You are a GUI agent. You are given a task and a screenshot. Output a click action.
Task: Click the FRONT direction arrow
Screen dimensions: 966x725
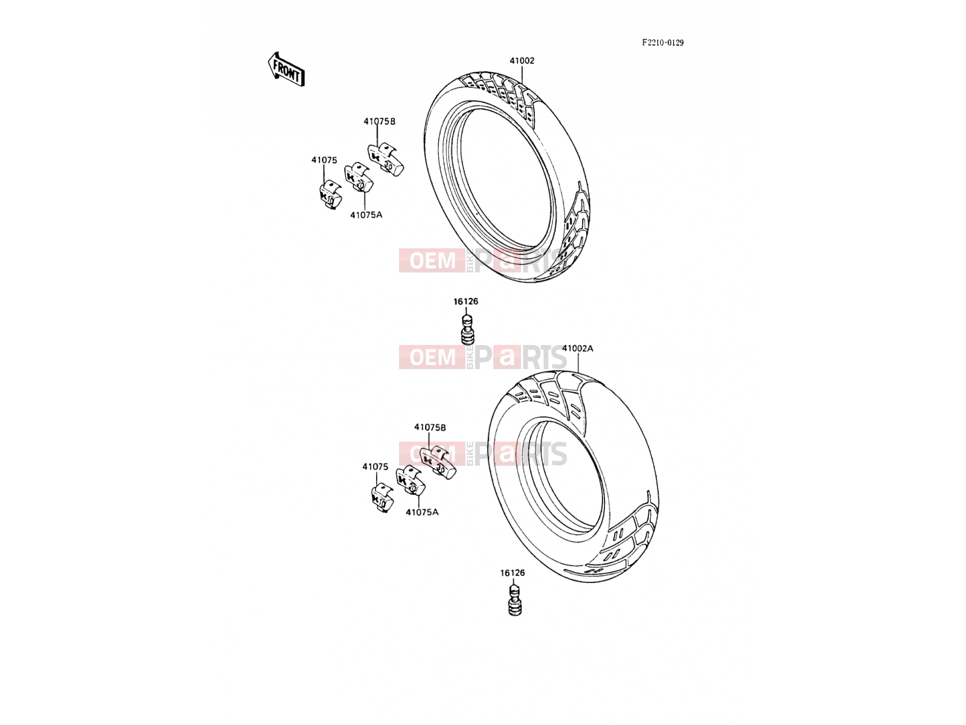[x=286, y=69]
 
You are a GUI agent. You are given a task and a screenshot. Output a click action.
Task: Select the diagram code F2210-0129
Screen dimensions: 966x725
[x=662, y=43]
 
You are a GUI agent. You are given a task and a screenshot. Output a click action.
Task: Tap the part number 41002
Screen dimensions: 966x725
[x=522, y=61]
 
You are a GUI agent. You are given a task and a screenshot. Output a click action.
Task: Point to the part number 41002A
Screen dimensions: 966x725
[x=577, y=348]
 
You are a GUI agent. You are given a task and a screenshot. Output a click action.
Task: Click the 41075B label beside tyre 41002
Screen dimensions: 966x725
[x=379, y=121]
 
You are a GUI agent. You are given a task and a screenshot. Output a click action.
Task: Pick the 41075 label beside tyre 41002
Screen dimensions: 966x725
[x=324, y=160]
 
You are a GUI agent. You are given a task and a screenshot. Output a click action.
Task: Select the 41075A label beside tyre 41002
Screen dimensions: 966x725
[x=366, y=215]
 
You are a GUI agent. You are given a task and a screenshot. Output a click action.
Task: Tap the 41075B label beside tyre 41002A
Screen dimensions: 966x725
[x=430, y=427]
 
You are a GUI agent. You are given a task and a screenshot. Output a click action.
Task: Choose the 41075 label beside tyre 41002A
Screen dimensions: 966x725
[x=376, y=466]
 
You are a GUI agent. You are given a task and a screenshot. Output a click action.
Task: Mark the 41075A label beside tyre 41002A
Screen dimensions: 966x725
[x=422, y=512]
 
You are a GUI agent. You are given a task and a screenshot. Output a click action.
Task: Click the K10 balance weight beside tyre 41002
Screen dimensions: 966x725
[x=330, y=195]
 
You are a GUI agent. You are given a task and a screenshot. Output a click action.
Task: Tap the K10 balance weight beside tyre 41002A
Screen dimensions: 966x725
[x=382, y=498]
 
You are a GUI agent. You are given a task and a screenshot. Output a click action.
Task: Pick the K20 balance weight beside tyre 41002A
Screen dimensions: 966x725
[x=410, y=481]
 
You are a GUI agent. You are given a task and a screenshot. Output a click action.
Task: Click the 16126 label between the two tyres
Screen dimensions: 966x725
[x=465, y=301]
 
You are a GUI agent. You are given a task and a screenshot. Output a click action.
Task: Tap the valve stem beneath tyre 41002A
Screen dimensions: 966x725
[x=514, y=601]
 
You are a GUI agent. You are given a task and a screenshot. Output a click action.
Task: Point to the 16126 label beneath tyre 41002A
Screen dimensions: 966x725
[x=512, y=573]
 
